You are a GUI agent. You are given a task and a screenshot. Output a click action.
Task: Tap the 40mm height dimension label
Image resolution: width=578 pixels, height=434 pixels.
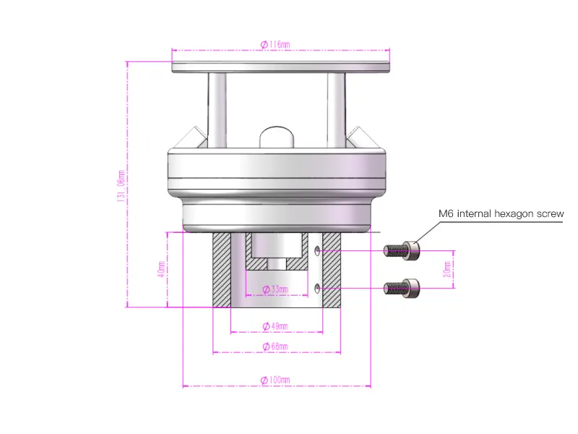pos(160,269)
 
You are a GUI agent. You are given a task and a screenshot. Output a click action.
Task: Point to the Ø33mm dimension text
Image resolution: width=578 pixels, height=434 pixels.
pos(274,289)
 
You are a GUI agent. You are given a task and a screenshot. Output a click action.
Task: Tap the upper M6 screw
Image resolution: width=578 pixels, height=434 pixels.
pos(402,250)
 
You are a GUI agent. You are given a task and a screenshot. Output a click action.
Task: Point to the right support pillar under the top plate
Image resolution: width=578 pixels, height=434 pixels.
pos(336,109)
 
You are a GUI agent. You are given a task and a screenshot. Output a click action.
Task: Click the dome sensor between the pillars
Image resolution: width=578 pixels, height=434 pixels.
pos(276,137)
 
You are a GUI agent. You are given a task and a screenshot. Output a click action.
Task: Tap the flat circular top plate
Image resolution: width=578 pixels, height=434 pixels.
pos(281,67)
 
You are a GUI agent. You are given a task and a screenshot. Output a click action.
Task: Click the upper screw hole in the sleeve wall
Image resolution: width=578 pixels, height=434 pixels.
pos(319,250)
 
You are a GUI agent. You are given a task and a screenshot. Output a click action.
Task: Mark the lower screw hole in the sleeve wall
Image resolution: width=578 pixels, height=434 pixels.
pos(319,288)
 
